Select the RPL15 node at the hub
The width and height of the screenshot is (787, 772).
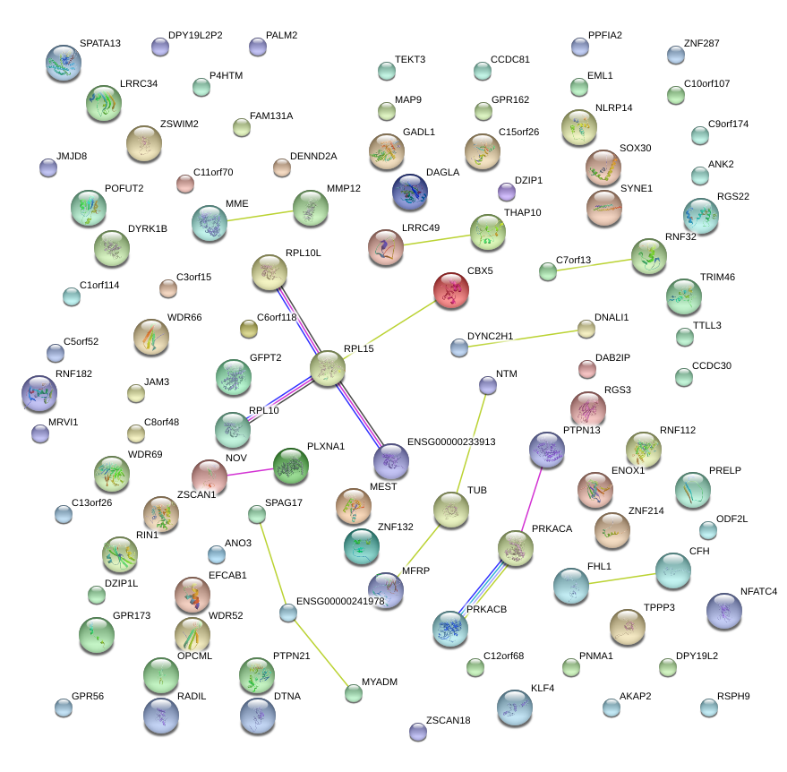pyautogui.click(x=328, y=368)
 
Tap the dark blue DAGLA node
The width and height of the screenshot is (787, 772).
pyautogui.click(x=410, y=191)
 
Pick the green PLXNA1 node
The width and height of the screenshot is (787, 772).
pyautogui.click(x=290, y=465)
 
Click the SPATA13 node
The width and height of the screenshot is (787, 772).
pyautogui.click(x=63, y=63)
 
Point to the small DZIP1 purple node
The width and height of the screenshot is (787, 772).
pyautogui.click(x=507, y=192)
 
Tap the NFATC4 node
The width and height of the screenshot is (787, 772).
pyautogui.click(x=723, y=611)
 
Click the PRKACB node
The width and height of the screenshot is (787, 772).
pyautogui.click(x=449, y=629)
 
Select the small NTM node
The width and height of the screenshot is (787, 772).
pyautogui.click(x=487, y=385)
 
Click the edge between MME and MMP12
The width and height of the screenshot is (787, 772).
pyautogui.click(x=260, y=216)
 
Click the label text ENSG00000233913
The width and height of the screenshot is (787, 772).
pyautogui.click(x=451, y=442)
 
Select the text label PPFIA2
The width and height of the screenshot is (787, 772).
pyautogui.click(x=604, y=36)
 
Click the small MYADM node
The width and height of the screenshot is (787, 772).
pyautogui.click(x=354, y=692)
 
